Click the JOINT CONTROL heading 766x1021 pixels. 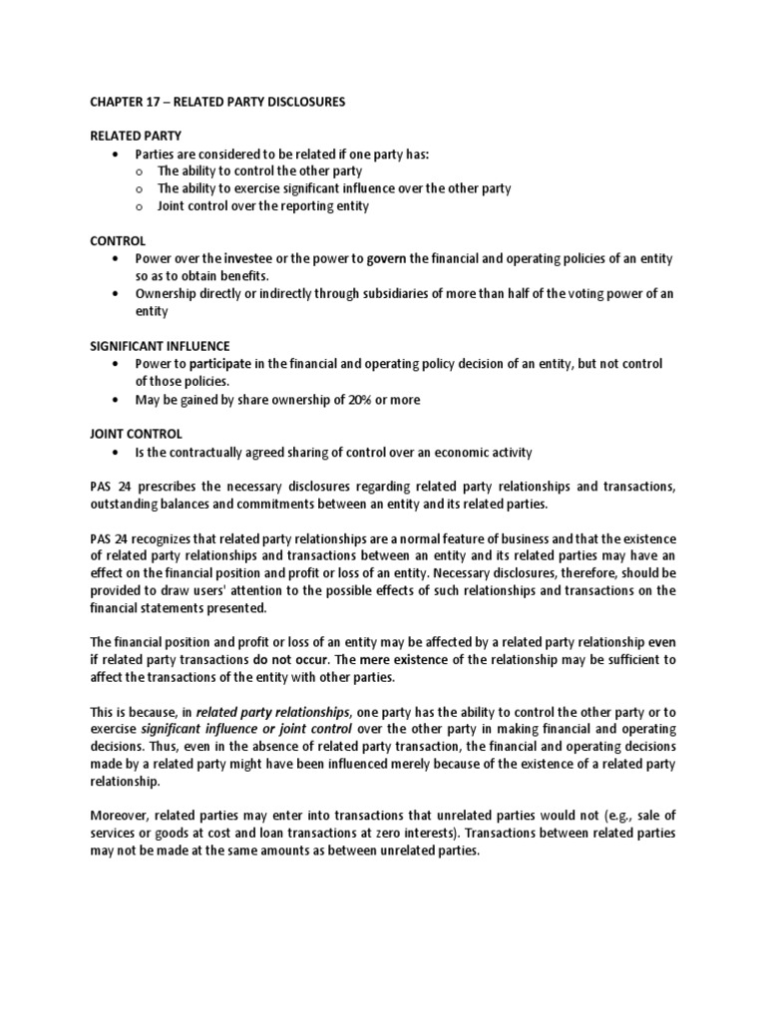click(129, 434)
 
